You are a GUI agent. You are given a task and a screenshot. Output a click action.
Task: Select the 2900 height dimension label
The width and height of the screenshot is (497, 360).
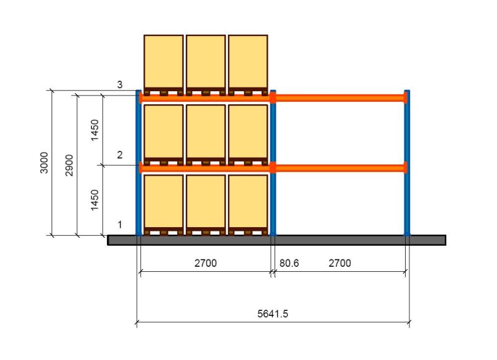pos(69,165)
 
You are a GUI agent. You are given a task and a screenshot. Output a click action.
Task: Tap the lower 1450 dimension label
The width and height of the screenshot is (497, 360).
pos(94,200)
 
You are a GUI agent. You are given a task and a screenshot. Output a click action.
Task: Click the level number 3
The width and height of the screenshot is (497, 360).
pos(120,85)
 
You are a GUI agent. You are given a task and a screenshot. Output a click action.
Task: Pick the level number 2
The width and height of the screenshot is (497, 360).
pos(120,155)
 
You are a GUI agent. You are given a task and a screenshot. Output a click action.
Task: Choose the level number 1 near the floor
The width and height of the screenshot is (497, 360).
pos(120,225)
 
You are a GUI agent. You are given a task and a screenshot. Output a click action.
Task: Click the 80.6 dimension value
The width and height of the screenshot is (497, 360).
pos(289,263)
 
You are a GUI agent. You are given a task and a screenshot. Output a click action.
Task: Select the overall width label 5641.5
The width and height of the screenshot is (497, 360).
pos(273,313)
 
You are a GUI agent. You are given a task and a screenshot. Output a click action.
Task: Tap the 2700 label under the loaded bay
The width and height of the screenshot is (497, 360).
pos(206,263)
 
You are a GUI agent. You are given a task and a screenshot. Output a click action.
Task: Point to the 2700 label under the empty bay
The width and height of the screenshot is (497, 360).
pos(339,263)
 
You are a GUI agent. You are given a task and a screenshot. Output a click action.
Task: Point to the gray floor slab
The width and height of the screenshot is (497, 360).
pos(276,240)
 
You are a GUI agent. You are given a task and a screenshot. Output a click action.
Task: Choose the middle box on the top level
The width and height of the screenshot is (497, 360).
pos(206,61)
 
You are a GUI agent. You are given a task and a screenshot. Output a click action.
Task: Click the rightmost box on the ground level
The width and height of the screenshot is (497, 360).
pos(248,201)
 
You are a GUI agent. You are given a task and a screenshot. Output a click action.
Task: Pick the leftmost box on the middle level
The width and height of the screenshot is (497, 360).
pos(163,132)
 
